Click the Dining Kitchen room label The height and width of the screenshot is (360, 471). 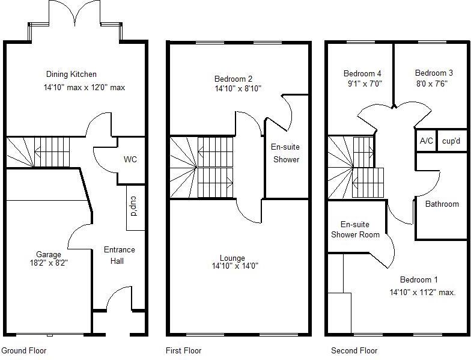click(x=71, y=75)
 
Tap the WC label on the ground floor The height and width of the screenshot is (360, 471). click(x=130, y=160)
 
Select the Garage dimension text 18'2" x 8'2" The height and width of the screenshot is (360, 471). click(x=48, y=263)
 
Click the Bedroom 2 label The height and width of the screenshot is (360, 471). click(x=233, y=79)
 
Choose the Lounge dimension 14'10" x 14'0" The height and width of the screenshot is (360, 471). click(x=234, y=266)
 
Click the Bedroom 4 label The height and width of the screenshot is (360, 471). click(x=362, y=74)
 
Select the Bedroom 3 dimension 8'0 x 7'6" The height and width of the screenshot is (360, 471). click(x=431, y=84)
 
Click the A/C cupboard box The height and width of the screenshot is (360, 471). click(x=426, y=141)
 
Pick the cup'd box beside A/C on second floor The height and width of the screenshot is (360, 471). click(x=451, y=141)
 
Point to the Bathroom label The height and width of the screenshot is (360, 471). click(x=442, y=204)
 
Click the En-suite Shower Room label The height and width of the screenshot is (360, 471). click(x=356, y=230)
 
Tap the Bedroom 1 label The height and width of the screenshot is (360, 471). click(x=419, y=280)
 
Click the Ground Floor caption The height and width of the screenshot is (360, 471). click(x=24, y=350)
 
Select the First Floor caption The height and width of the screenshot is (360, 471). click(x=183, y=350)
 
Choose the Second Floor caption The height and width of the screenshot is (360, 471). click(x=354, y=350)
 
